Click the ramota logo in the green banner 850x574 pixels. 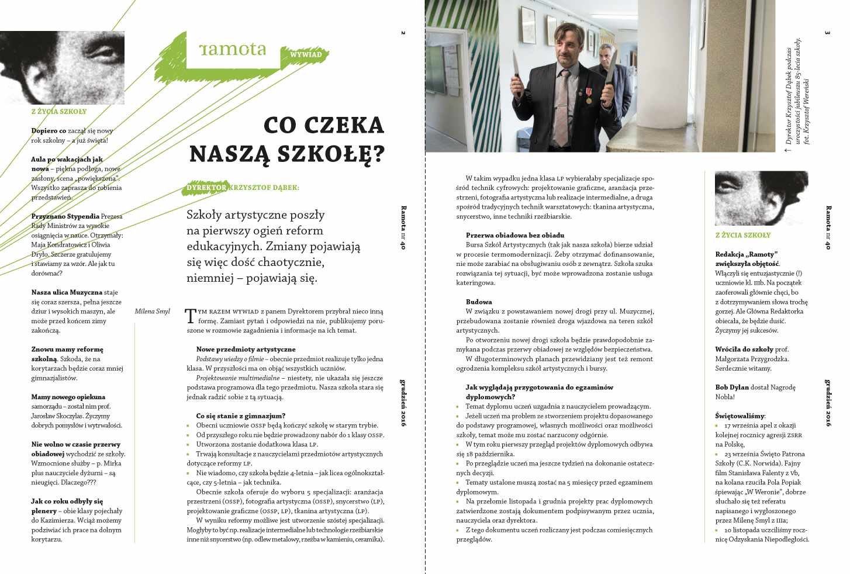(x=232, y=50)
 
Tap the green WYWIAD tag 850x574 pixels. (x=306, y=54)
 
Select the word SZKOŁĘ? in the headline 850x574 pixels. (x=331, y=154)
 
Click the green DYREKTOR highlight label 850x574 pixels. (x=206, y=188)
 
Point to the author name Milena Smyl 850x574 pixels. (x=152, y=312)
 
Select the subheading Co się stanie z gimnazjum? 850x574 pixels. (x=241, y=416)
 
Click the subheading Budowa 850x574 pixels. (x=479, y=302)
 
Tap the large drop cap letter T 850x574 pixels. (x=191, y=316)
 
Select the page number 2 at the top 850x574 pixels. (x=403, y=33)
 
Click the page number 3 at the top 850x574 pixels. (x=827, y=33)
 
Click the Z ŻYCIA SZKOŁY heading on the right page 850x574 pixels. (x=742, y=235)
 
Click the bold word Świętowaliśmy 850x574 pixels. (x=740, y=416)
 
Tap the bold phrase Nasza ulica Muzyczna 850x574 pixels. (x=67, y=292)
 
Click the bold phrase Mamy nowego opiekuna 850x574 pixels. (x=68, y=397)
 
